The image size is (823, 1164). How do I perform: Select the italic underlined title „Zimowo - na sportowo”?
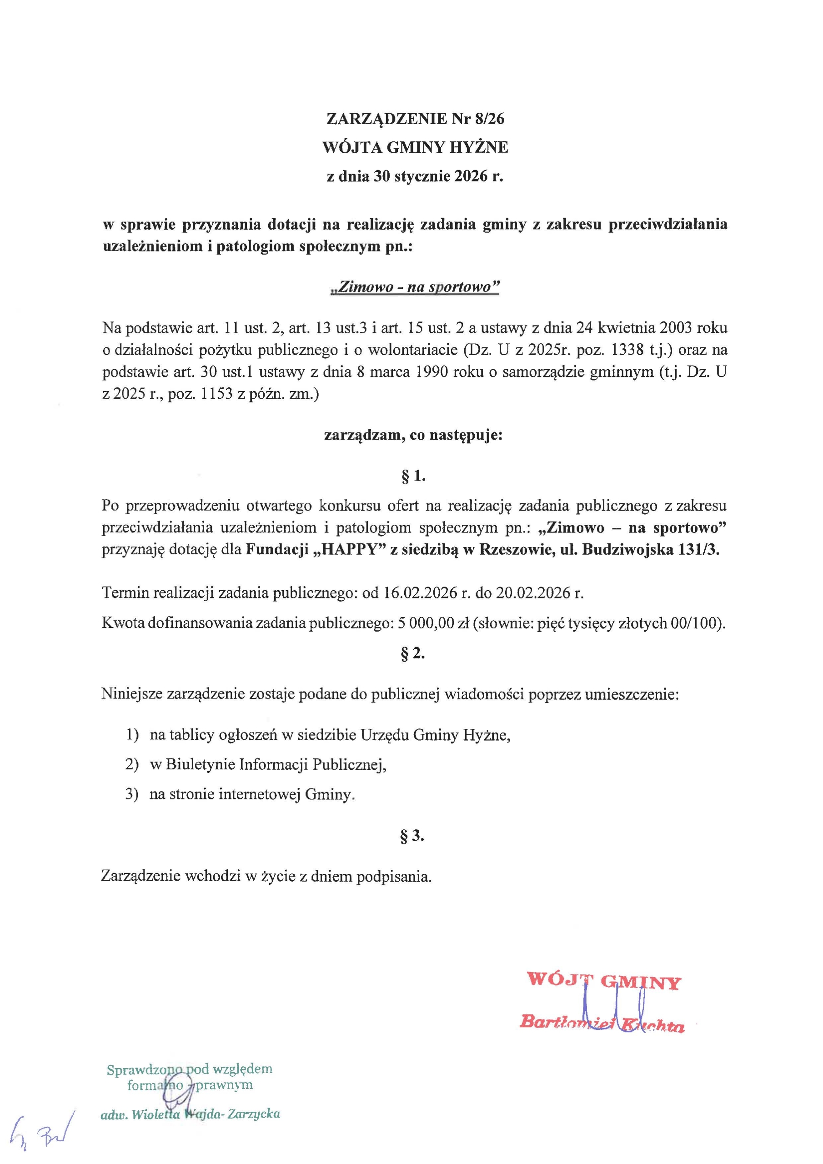pos(414,287)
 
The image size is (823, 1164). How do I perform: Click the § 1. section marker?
pos(413,476)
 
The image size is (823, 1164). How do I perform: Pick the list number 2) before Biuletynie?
pos(132,765)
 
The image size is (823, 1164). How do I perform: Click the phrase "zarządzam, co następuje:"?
pos(413,436)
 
